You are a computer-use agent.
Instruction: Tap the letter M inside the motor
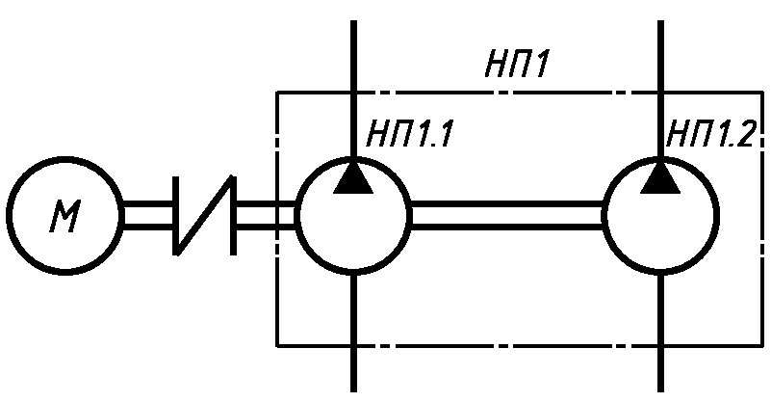pyautogui.click(x=64, y=217)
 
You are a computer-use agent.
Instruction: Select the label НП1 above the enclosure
pyautogui.click(x=516, y=64)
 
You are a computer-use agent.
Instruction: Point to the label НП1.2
pyautogui.click(x=710, y=134)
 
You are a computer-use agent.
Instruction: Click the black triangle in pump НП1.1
pyautogui.click(x=353, y=179)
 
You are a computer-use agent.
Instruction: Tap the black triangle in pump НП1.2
pyautogui.click(x=660, y=179)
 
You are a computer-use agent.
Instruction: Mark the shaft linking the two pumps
pyautogui.click(x=507, y=215)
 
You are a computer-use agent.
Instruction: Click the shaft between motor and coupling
pyautogui.click(x=148, y=215)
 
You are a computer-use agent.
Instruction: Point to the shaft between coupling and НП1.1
pyautogui.click(x=266, y=215)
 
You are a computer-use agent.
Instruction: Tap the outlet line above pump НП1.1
pyautogui.click(x=353, y=89)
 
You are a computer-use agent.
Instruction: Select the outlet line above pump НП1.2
pyautogui.click(x=660, y=89)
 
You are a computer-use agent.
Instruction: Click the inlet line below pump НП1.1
pyautogui.click(x=353, y=333)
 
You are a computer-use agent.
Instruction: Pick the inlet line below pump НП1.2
pyautogui.click(x=660, y=333)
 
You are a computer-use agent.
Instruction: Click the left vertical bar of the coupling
pyautogui.click(x=175, y=215)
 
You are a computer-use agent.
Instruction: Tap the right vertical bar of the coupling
pyautogui.click(x=234, y=215)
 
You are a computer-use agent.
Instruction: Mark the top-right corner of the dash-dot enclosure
pyautogui.click(x=762, y=93)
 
